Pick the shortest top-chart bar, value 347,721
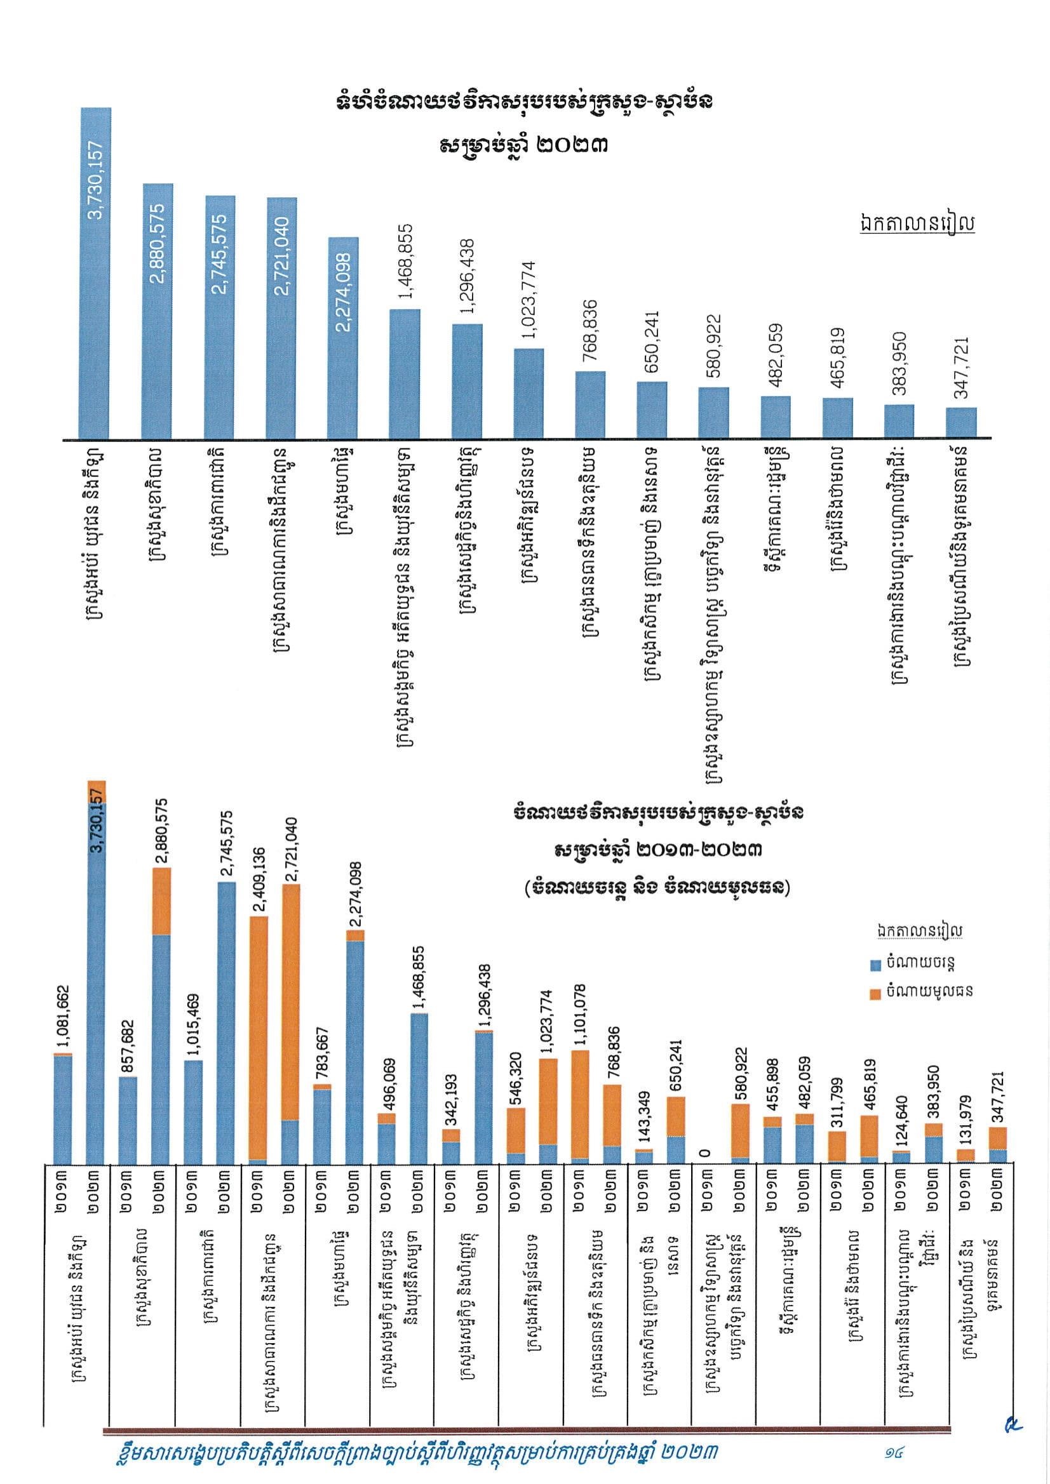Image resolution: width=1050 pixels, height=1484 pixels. pos(961,423)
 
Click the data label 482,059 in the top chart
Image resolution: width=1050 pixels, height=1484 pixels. pos(776,355)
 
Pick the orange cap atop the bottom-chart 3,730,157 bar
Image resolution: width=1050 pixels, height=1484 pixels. pos(97,792)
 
